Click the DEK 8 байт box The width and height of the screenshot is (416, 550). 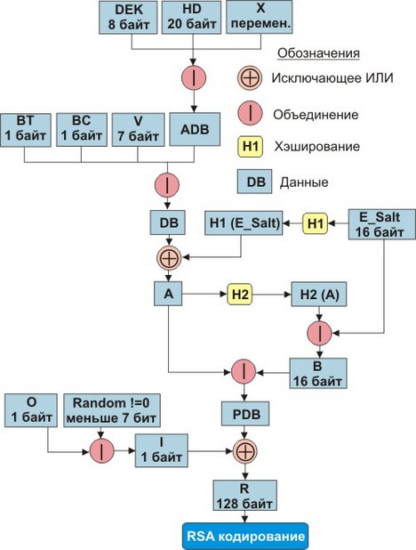coord(128,17)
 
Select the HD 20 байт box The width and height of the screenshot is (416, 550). coord(191,17)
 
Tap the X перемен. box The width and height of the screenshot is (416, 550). coord(260,17)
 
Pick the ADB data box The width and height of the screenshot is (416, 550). coord(195,129)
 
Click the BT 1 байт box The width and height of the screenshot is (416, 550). coord(26,130)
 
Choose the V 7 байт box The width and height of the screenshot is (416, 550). coord(138,130)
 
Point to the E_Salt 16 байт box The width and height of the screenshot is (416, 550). coord(382,224)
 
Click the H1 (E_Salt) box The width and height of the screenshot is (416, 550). coord(244,222)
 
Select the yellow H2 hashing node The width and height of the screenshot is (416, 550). coord(240,294)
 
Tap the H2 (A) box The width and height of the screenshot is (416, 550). coord(319,294)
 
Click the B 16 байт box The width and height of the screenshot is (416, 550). coord(318,373)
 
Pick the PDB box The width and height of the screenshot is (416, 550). coord(245,414)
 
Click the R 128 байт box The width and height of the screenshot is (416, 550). coord(245,496)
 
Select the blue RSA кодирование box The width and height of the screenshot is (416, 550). coord(245,537)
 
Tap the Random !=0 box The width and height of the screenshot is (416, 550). coord(112,410)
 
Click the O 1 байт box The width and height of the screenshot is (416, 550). coord(31,410)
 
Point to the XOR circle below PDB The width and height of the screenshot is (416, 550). coord(245,451)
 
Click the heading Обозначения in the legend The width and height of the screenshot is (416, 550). coord(318,53)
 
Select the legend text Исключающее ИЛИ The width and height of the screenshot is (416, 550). coord(332,77)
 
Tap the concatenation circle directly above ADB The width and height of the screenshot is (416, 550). coord(194,77)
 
